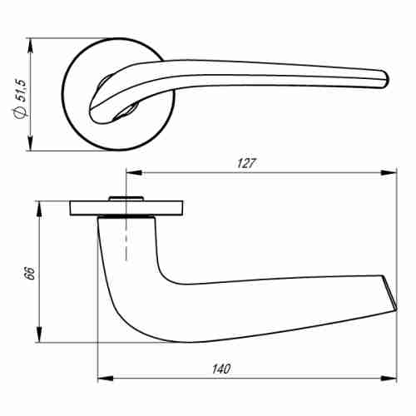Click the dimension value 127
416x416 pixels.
244,164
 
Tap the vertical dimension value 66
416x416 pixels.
28,272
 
